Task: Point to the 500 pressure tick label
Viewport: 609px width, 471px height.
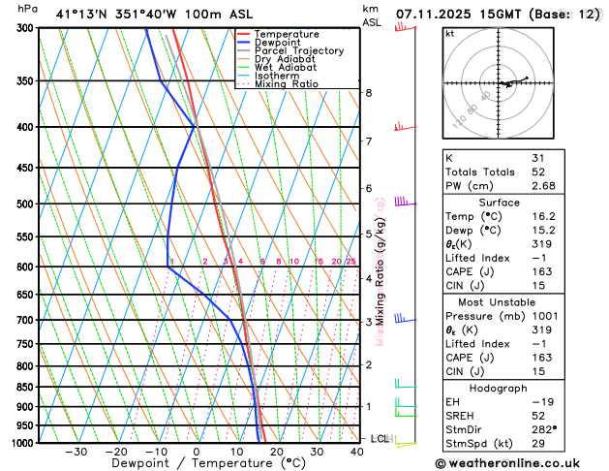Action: pyautogui.click(x=24, y=204)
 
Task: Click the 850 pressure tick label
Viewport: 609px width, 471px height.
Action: pyautogui.click(x=24, y=388)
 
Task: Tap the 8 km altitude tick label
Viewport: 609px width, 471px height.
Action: pyautogui.click(x=368, y=93)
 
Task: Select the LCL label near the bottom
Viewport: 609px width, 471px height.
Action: pyautogui.click(x=380, y=439)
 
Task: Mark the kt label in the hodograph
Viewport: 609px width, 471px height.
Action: pyautogui.click(x=449, y=33)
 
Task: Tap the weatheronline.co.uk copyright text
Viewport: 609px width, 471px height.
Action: pyautogui.click(x=514, y=463)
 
